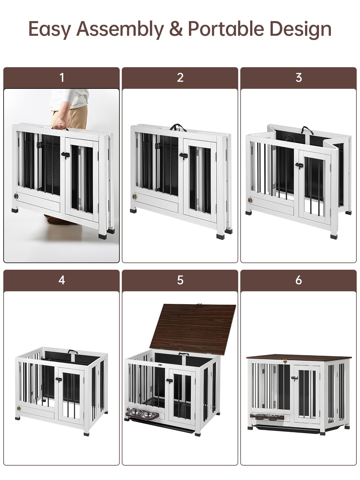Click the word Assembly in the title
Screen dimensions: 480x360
coord(120,29)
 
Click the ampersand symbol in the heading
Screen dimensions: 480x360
coord(175,29)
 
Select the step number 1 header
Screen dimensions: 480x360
coord(61,78)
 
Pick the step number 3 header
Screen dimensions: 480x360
coord(298,78)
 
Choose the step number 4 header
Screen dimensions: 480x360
coord(61,280)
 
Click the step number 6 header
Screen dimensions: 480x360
coord(298,280)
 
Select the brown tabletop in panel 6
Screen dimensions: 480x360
coord(298,358)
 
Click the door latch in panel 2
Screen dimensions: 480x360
coord(183,155)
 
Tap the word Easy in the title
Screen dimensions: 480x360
coord(49,29)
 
